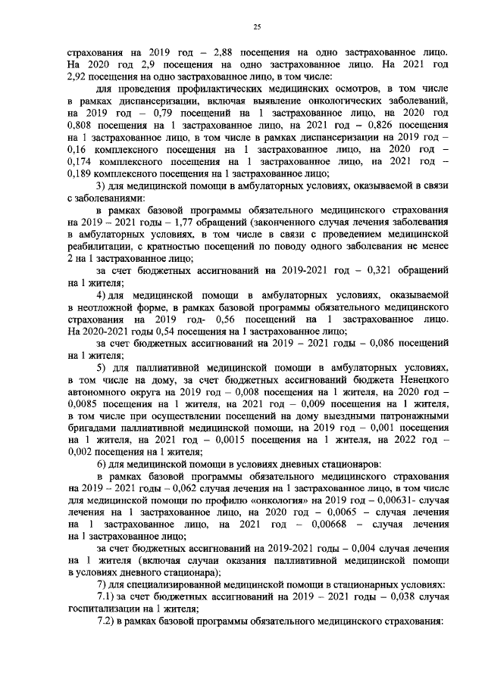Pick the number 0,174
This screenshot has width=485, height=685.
point(81,160)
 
